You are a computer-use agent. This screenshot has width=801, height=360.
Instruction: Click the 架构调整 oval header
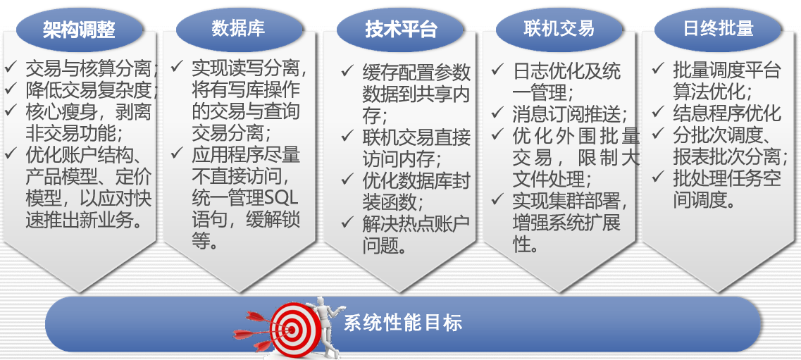79,29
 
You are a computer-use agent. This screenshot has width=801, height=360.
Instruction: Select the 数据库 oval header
239,29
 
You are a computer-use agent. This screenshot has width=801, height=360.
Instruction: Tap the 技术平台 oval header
400,29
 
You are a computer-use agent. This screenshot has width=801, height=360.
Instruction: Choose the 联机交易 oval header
559,29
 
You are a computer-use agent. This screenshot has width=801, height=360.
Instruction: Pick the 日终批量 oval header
718,29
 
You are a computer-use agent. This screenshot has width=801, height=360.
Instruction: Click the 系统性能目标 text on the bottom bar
403,323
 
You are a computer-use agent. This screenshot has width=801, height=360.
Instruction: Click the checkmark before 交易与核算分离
11,68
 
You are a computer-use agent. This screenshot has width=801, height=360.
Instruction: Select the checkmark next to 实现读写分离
178,67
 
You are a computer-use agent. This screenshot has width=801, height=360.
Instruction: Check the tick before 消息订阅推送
497,113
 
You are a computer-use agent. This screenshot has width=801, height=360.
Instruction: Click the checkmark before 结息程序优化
658,112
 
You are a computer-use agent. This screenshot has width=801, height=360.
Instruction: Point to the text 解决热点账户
417,224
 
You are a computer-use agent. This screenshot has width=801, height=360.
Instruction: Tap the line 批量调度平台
727,70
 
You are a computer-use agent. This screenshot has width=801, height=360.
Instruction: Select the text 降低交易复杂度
89,90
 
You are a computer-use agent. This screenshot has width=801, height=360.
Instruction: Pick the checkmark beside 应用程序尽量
178,153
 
